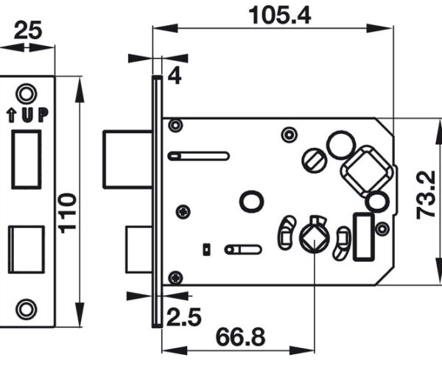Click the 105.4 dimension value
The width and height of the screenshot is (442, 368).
(280, 15)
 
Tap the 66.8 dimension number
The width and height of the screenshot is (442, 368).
(240, 337)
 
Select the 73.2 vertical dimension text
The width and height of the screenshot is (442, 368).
(426, 195)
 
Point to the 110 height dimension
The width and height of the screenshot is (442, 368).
(68, 213)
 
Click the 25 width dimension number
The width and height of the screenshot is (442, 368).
(28, 30)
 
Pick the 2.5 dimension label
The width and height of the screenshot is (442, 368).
(184, 316)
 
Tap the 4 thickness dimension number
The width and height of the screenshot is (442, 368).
(175, 76)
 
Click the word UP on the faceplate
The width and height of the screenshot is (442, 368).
(35, 115)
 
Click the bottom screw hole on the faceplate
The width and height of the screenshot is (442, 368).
(27, 309)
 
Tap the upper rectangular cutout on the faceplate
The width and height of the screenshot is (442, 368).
(27, 160)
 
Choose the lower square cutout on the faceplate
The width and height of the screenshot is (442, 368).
(27, 250)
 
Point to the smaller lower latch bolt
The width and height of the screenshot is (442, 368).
(139, 250)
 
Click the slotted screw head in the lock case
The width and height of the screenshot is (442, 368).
(314, 160)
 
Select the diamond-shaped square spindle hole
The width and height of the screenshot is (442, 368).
(314, 237)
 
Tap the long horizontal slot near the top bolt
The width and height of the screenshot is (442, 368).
(199, 156)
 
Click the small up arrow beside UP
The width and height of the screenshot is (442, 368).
(11, 116)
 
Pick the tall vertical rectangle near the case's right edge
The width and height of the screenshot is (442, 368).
(364, 236)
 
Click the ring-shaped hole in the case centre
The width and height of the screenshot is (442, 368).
(251, 202)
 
